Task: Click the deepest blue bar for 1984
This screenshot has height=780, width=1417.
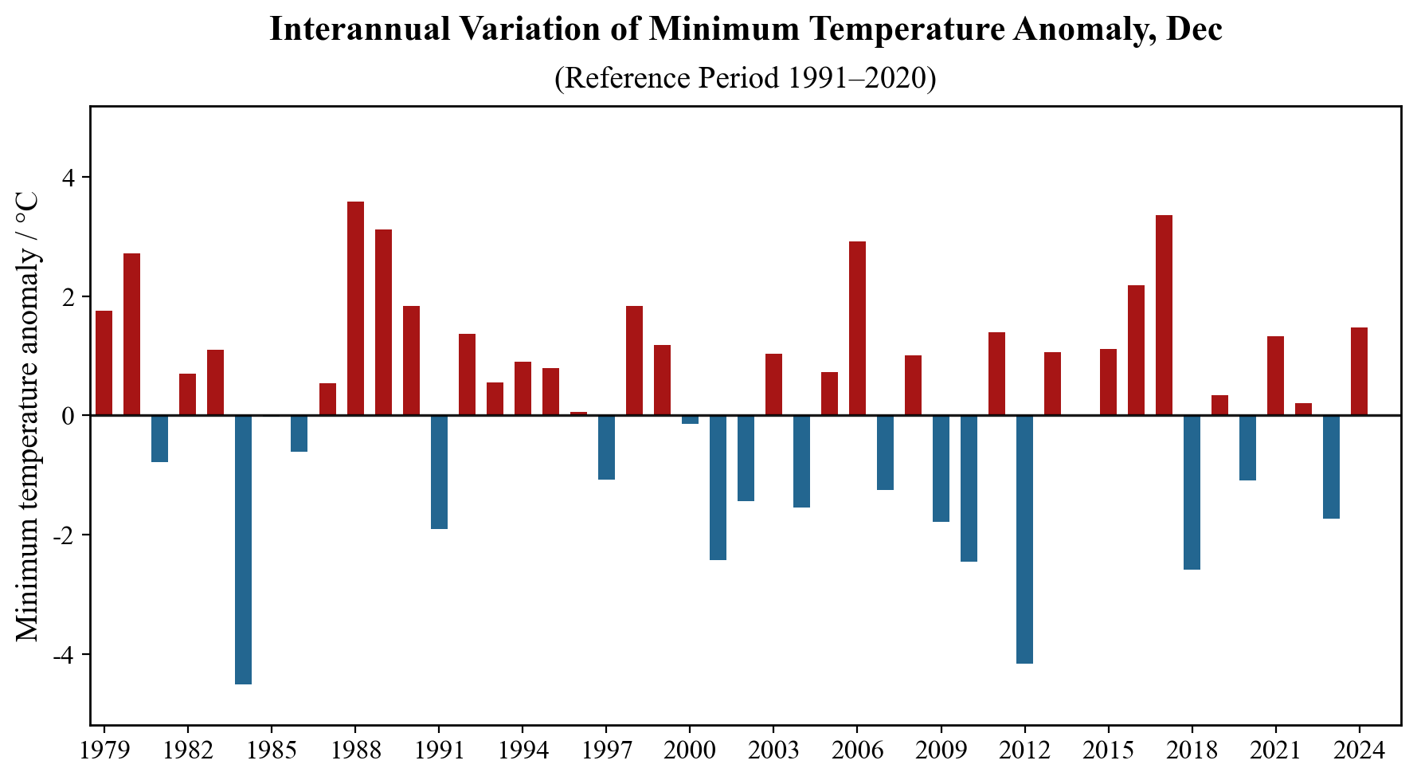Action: pos(243,550)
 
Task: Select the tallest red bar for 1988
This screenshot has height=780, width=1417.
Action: pos(355,308)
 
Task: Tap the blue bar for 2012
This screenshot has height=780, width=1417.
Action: pos(1024,539)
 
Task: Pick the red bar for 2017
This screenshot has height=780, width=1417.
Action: pos(1164,316)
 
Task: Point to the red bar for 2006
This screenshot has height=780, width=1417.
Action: pos(857,328)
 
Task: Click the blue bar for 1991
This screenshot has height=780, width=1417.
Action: pos(439,472)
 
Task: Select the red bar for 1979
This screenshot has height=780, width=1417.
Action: pos(104,363)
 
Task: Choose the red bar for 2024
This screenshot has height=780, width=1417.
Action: pos(1359,371)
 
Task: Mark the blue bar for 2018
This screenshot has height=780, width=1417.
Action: pos(1192,492)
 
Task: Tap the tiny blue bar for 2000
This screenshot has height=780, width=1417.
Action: pos(690,420)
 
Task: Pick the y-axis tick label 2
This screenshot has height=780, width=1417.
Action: pos(70,296)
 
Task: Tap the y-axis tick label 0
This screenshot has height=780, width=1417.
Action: pos(70,416)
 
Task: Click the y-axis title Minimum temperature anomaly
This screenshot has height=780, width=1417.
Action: pos(29,414)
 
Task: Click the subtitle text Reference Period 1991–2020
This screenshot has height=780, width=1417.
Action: pos(745,78)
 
